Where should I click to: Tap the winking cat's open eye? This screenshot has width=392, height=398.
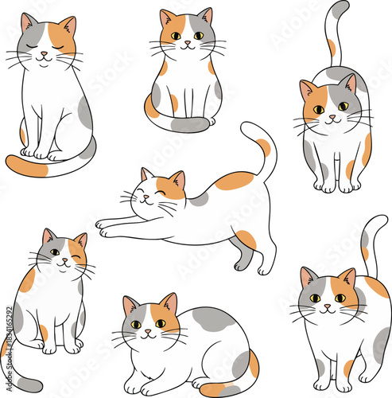pyautogui.click(x=54, y=252)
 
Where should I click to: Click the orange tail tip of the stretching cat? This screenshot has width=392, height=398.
pyautogui.click(x=262, y=146)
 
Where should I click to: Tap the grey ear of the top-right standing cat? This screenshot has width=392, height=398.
pyautogui.click(x=348, y=82)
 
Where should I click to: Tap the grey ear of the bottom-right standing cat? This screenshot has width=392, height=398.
pyautogui.click(x=309, y=277)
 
